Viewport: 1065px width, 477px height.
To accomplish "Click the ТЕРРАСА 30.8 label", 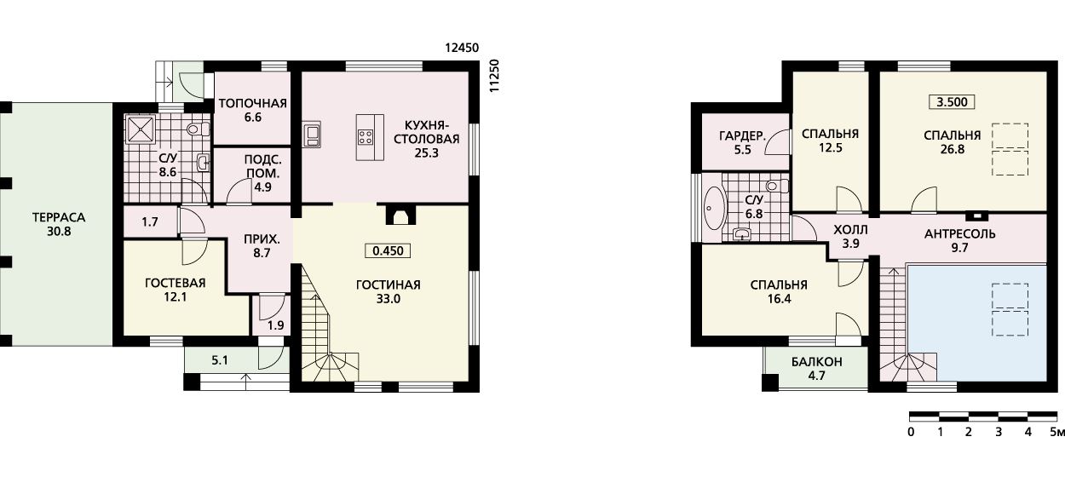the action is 59,224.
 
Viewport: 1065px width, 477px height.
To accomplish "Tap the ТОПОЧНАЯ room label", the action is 252,104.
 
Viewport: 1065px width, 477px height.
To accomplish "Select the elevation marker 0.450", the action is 388,251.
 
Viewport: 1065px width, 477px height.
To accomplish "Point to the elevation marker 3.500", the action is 952,102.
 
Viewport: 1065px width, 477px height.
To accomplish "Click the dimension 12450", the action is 462,48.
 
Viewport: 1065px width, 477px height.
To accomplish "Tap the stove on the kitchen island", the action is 366,137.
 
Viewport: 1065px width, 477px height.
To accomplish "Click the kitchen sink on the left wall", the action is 313,135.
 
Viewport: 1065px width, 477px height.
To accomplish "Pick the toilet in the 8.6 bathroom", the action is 199,129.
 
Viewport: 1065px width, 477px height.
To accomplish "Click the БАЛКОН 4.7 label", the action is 817,369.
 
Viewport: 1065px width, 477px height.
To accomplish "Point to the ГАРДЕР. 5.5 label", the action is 742,143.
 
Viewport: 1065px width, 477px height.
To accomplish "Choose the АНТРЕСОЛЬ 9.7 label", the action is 959,240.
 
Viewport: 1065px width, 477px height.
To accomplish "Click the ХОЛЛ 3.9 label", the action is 850,237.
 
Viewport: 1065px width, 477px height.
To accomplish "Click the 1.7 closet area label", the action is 150,221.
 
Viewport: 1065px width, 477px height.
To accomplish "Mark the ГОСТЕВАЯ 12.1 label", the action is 175,290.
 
